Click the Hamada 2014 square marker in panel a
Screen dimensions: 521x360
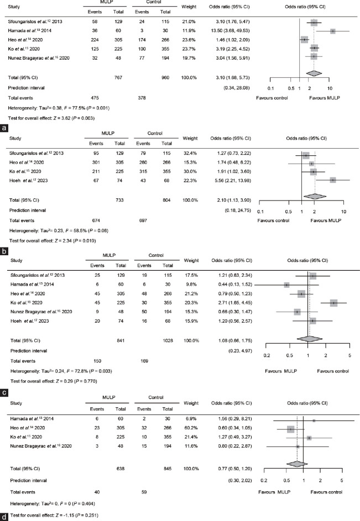click(x=333, y=31)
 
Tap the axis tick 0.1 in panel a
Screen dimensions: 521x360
click(x=270, y=88)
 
